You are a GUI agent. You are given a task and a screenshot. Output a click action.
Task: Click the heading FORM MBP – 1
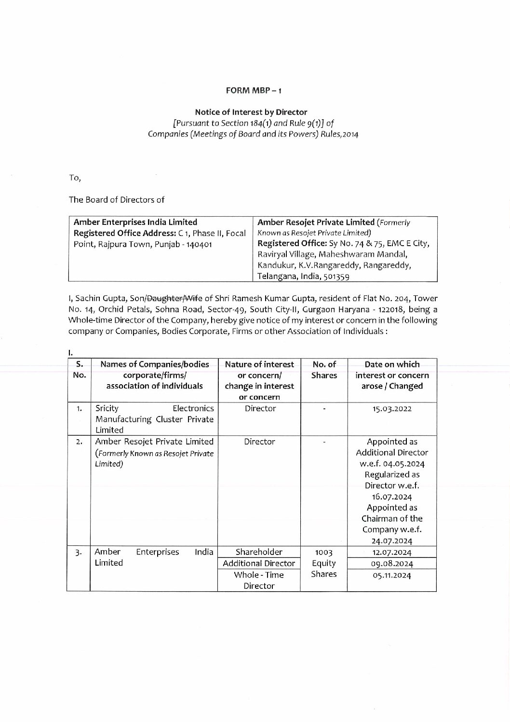point(254,90)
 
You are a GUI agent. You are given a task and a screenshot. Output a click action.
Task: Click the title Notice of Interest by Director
point(254,112)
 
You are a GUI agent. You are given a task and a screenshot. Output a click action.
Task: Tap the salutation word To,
point(75,178)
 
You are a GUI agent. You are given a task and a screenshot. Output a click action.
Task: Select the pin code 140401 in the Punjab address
point(200,244)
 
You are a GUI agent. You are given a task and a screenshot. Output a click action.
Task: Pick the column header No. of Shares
point(324,370)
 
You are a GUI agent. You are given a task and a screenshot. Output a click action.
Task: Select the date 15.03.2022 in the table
point(391,409)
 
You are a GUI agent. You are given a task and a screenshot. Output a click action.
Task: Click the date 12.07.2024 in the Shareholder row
point(391,553)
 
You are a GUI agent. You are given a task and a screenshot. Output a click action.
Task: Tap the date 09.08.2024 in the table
point(391,564)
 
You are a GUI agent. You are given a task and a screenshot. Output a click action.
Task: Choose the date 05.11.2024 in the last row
point(391,575)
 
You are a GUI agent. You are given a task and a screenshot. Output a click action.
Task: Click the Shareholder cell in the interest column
point(259,552)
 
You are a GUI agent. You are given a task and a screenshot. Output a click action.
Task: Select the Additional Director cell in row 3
point(259,563)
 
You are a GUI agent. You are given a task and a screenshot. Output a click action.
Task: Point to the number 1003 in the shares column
point(324,553)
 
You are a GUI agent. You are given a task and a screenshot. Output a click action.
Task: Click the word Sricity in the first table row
point(107,408)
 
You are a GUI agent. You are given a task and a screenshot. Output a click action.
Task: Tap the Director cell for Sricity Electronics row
point(259,408)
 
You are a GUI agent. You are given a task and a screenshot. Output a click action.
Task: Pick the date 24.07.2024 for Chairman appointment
point(391,541)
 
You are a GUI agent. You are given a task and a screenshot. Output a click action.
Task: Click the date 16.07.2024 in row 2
point(391,497)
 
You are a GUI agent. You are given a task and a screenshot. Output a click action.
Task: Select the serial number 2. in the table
point(79,442)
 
